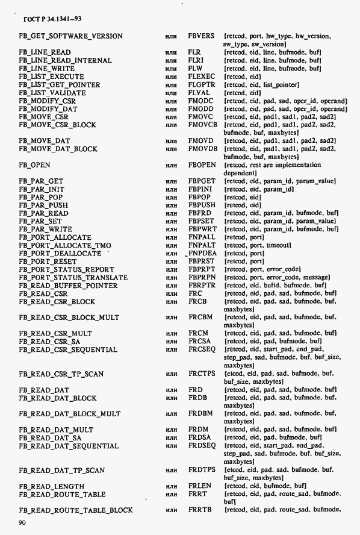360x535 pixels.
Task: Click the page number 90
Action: click(23, 522)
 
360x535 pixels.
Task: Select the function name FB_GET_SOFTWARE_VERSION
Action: click(70, 36)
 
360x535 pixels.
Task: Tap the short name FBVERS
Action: click(201, 36)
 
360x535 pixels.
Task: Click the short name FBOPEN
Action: click(202, 164)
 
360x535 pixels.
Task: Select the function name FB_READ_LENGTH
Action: click(51, 486)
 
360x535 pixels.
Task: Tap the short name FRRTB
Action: click(200, 510)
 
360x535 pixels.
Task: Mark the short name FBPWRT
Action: click(202, 230)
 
